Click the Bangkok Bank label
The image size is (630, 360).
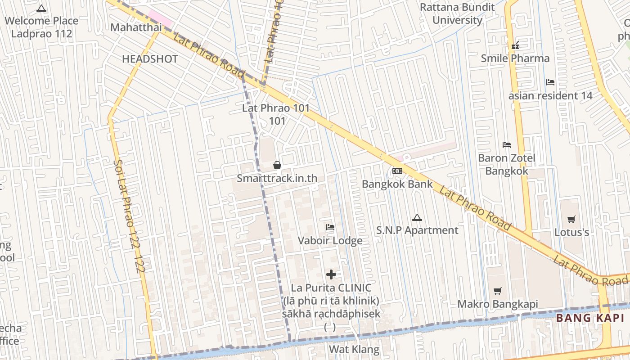click(397, 184)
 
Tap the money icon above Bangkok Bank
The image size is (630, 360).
click(397, 171)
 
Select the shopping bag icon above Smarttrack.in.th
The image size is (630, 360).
click(277, 166)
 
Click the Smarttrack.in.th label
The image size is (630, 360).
click(277, 178)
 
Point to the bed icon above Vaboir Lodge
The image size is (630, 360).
click(330, 227)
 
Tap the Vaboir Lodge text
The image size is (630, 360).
click(330, 241)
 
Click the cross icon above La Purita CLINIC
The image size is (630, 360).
click(331, 274)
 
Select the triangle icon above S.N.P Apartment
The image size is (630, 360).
click(417, 218)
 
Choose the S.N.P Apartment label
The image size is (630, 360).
click(417, 230)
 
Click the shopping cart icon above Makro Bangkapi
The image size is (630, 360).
click(498, 291)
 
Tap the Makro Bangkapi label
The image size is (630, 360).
click(498, 304)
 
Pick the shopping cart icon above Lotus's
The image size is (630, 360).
click(571, 220)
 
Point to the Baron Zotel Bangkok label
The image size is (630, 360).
click(507, 165)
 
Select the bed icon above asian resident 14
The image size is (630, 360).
click(550, 82)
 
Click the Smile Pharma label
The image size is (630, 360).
click(515, 58)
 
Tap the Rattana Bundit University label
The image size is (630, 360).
click(457, 13)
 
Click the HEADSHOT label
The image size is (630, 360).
click(150, 59)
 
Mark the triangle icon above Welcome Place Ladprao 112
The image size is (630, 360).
click(41, 8)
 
